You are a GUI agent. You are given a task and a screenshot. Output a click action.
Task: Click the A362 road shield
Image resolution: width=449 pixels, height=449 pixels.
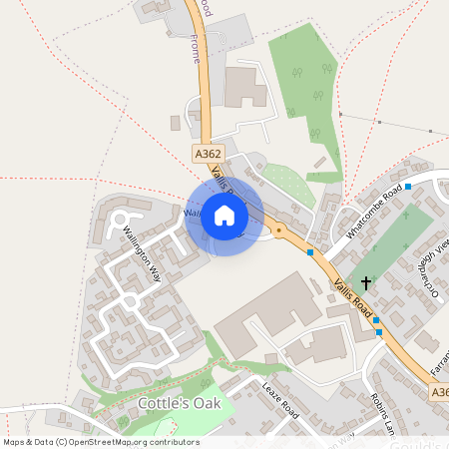pyautogui.click(x=208, y=154)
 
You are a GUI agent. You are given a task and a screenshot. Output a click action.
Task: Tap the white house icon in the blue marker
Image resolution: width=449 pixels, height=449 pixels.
pyautogui.click(x=224, y=216)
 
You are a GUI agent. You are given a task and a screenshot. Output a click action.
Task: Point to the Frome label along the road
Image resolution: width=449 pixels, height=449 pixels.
pyautogui.click(x=196, y=49)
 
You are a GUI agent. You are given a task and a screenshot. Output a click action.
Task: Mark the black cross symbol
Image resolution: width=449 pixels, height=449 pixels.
pyautogui.click(x=366, y=283)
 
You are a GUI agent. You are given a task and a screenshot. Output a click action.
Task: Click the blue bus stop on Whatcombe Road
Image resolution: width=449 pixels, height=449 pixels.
pyautogui.click(x=408, y=187)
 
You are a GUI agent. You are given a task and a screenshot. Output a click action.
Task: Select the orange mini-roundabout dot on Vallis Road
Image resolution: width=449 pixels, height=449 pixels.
pyautogui.click(x=279, y=230)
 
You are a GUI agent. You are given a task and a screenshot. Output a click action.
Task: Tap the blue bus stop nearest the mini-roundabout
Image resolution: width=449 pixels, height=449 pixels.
pyautogui.click(x=311, y=252)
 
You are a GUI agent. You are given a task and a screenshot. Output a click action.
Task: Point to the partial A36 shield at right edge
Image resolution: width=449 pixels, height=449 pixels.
pyautogui.click(x=441, y=394)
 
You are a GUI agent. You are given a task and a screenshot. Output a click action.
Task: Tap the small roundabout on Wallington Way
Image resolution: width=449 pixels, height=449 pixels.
pyautogui.click(x=129, y=300)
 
